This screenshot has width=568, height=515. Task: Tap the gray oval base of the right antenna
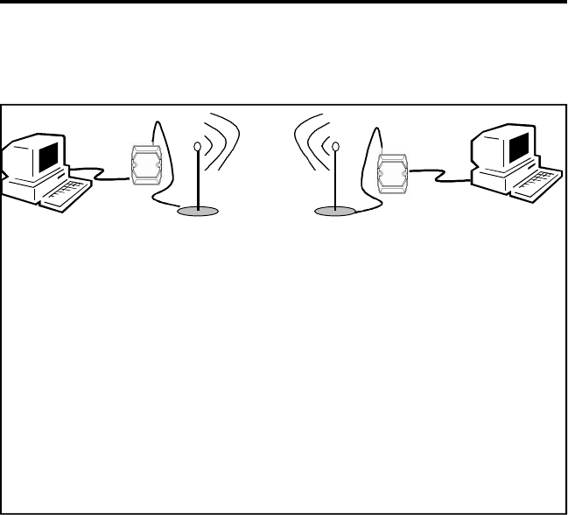point(338,211)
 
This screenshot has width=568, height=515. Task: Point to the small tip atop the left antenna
point(199,147)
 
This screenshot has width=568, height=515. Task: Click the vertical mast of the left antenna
point(199,179)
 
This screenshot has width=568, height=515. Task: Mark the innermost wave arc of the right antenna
point(323,142)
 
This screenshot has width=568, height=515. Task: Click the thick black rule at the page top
point(284,3)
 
